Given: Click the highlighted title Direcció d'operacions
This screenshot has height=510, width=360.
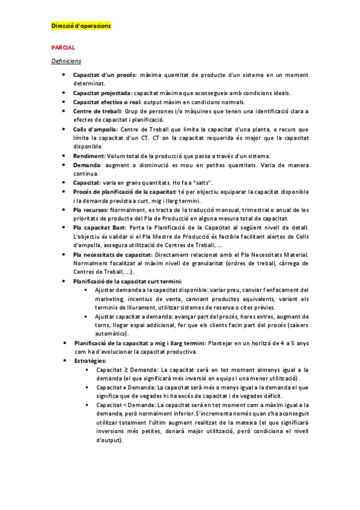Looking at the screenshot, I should coord(81,26).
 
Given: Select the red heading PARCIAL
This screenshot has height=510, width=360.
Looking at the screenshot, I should coord(63,46).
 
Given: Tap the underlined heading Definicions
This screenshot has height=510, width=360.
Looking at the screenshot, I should coord(66,61).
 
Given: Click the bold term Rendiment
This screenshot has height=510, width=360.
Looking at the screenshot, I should coord(90,156).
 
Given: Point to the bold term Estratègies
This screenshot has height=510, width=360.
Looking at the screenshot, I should coord(90,360).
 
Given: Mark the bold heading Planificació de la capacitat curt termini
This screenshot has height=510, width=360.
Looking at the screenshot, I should coord(128,281).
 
